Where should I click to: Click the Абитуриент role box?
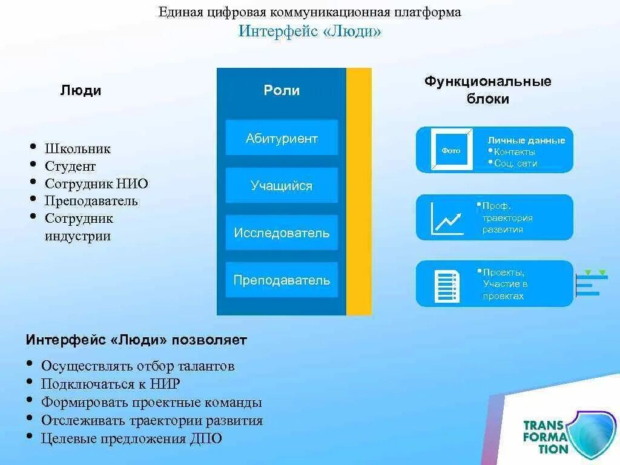282,138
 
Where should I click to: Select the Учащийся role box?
282,185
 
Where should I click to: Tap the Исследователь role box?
282,232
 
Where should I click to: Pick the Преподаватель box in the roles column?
282,280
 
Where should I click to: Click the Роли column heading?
282,90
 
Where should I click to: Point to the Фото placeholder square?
450,150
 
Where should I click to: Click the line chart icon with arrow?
447,218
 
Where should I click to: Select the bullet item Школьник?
77,148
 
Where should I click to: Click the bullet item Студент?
70,166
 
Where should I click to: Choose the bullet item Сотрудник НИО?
96,183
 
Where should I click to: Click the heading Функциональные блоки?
487,90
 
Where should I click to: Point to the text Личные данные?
526,140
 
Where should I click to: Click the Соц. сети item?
515,163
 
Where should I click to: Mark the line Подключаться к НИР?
110,384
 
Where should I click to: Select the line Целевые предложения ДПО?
131,438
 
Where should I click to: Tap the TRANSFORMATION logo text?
546,437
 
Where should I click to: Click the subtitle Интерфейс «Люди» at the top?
309,31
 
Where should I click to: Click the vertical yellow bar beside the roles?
359,191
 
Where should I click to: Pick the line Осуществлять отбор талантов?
137,366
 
